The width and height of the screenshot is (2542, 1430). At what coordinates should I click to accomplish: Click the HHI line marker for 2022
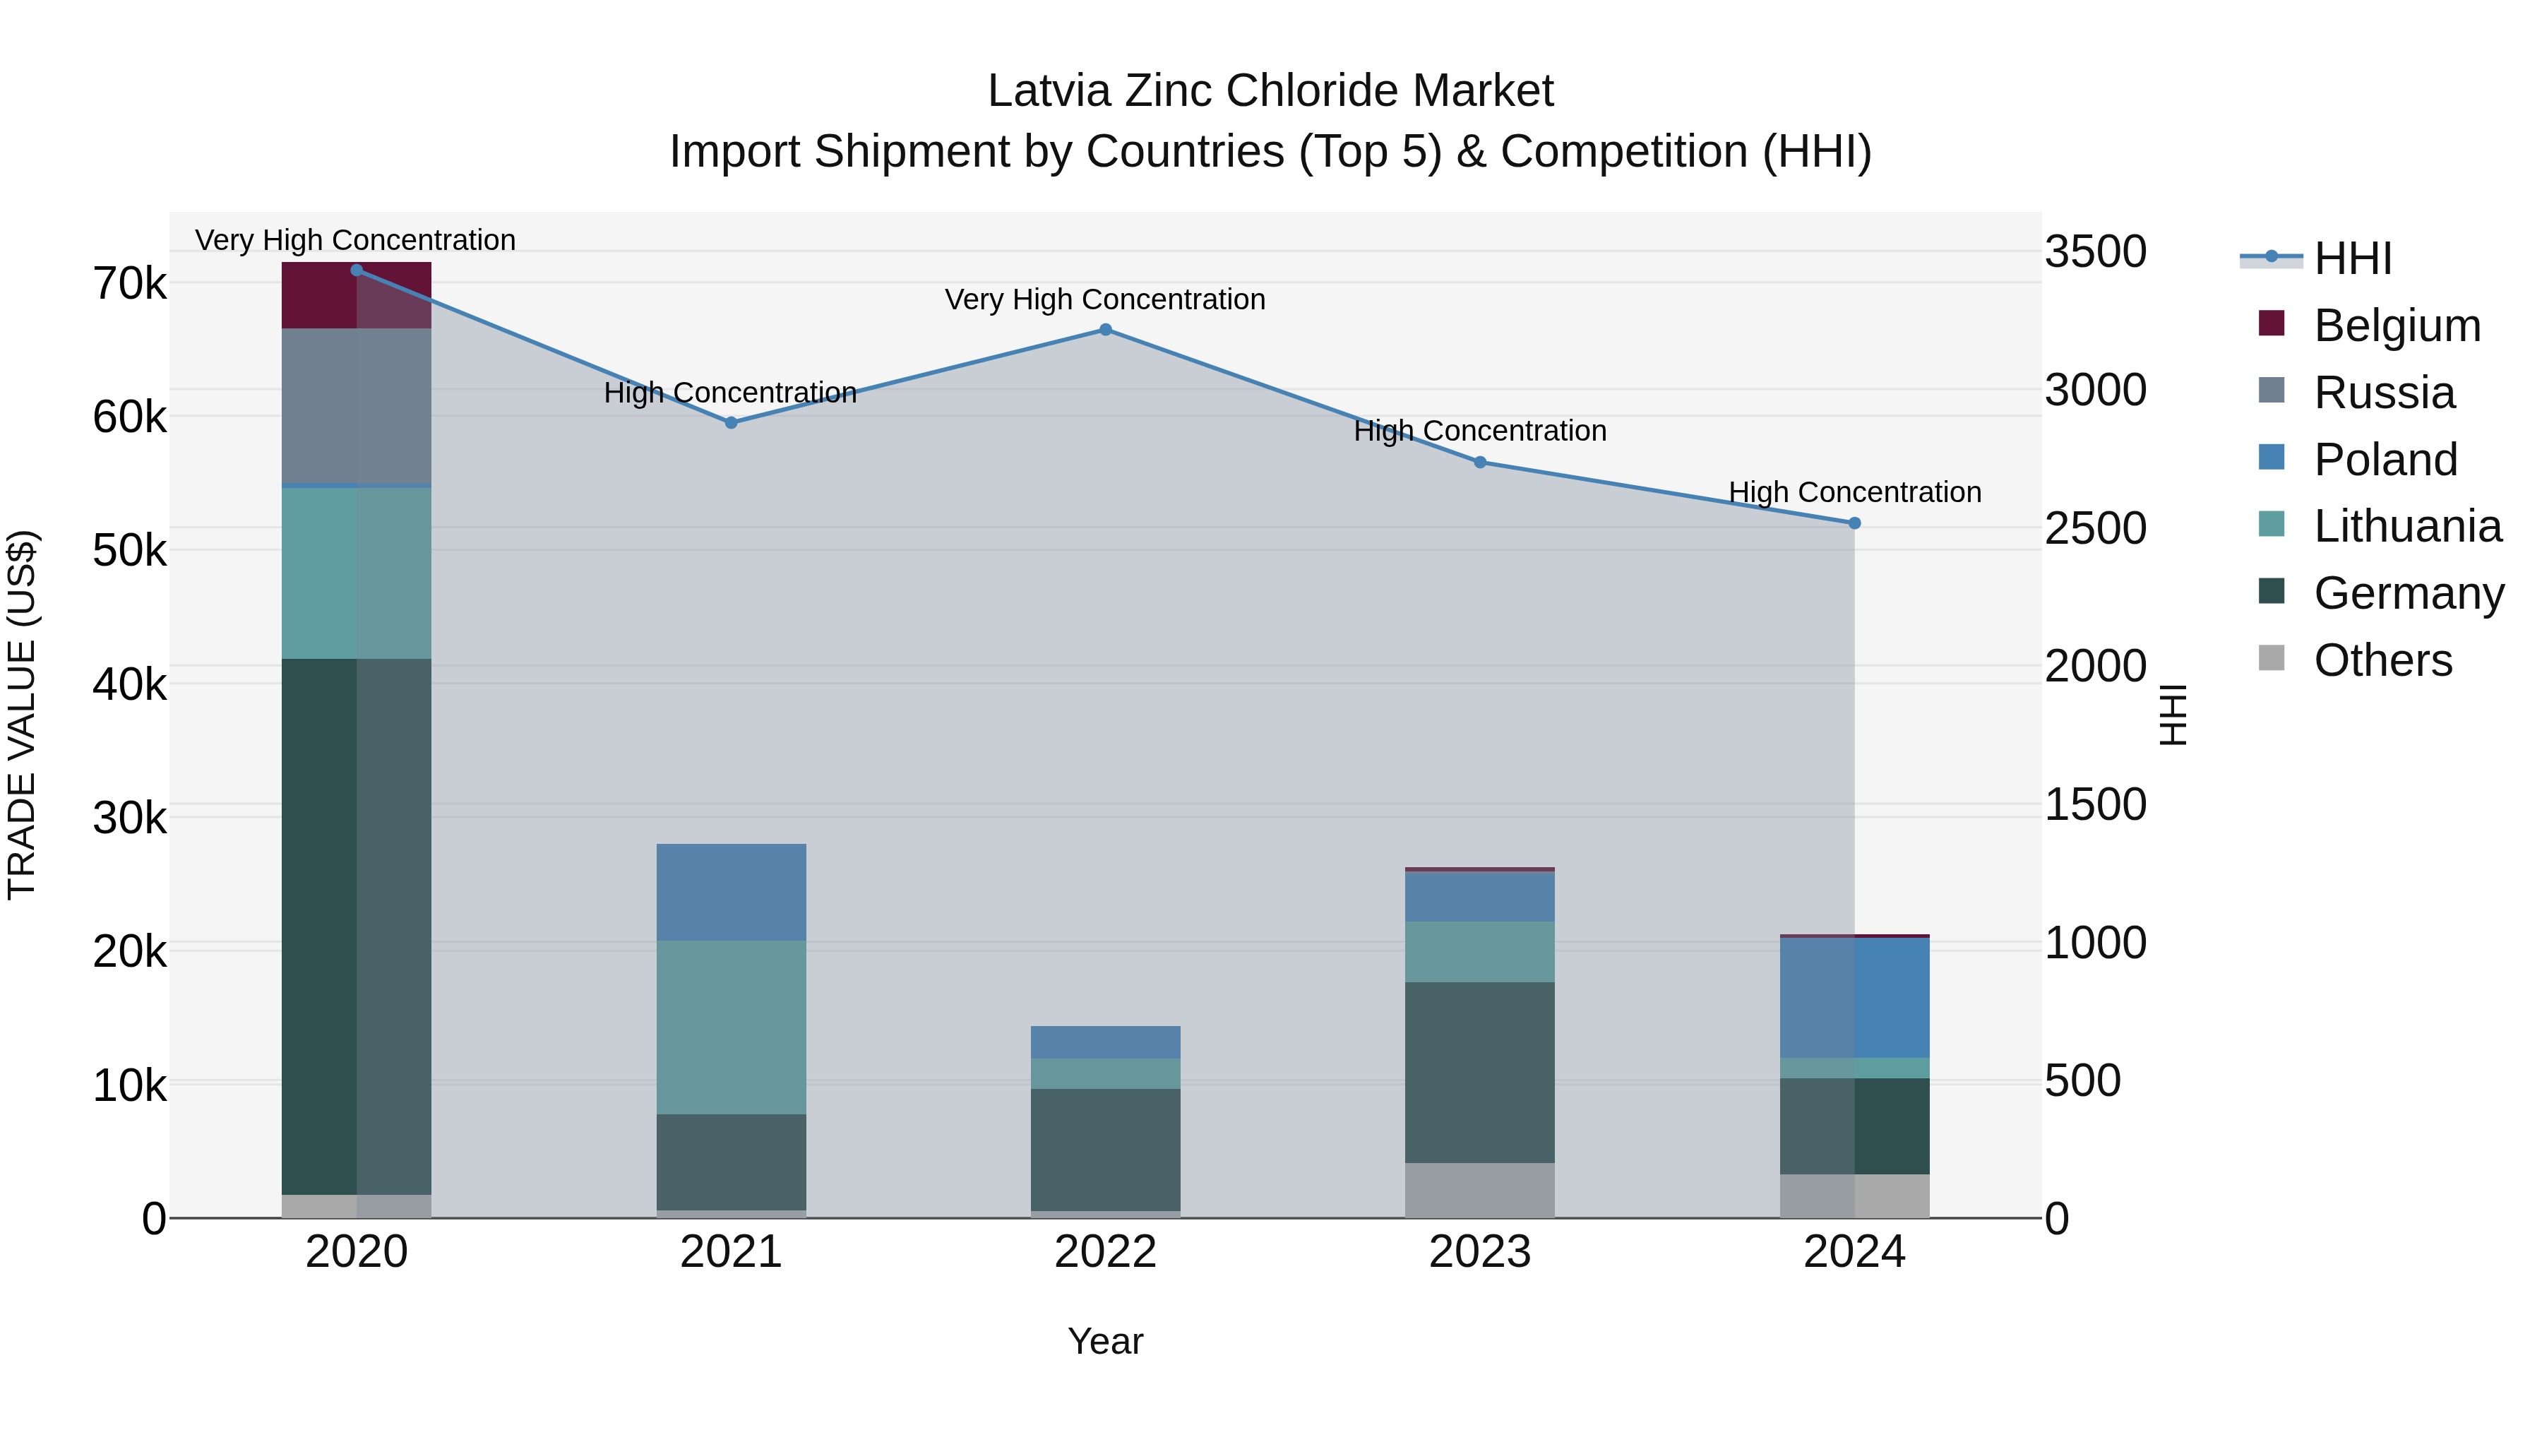(x=1105, y=330)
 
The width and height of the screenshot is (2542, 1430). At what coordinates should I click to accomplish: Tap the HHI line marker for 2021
(x=732, y=422)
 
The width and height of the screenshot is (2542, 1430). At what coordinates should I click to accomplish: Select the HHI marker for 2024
(x=1854, y=523)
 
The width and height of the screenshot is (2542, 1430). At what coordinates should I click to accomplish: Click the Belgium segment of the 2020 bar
(x=357, y=296)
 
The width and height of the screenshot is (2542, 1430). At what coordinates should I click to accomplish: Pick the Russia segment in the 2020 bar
(x=357, y=407)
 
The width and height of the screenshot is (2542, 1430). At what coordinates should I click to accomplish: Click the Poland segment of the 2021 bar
(x=732, y=892)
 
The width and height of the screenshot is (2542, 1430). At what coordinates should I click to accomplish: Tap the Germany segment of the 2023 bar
(x=1479, y=1072)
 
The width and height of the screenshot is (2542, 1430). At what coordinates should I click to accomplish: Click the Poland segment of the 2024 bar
(x=1854, y=998)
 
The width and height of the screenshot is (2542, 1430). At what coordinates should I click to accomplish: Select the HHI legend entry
(x=2353, y=258)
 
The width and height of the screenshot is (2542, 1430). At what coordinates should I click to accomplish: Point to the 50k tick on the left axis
(x=129, y=551)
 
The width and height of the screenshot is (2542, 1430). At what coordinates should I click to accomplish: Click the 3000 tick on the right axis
(x=2095, y=391)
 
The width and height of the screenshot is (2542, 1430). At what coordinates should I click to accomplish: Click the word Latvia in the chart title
(x=1048, y=92)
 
